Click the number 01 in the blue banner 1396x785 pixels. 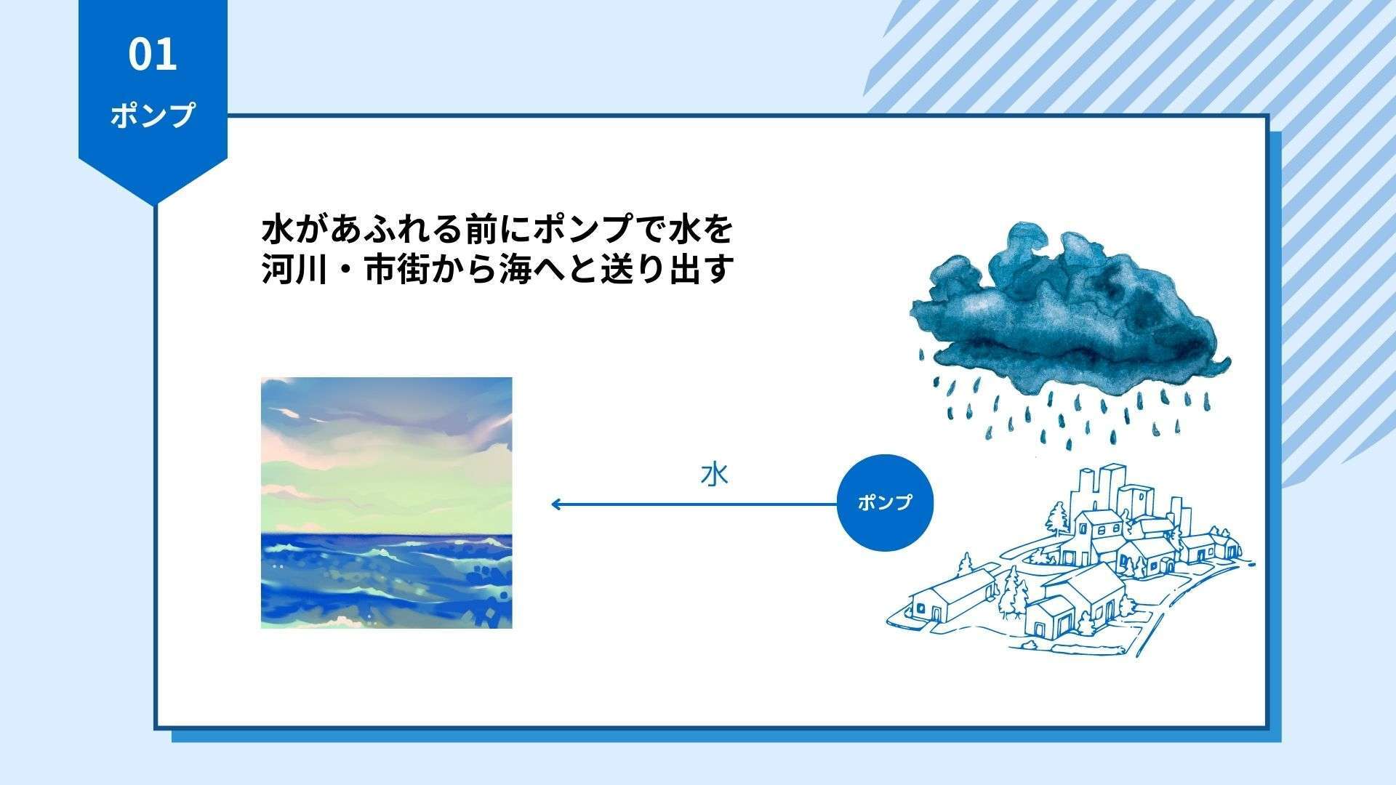pyautogui.click(x=153, y=55)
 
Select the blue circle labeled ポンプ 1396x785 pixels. pyautogui.click(x=885, y=502)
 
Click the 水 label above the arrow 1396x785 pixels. pyautogui.click(x=714, y=475)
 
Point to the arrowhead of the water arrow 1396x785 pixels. pyautogui.click(x=554, y=504)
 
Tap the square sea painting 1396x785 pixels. pyautogui.click(x=387, y=502)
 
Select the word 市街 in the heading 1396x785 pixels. pyautogui.click(x=391, y=270)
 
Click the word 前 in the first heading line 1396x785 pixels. pyautogui.click(x=470, y=230)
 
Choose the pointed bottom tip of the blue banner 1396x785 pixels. pyautogui.click(x=153, y=205)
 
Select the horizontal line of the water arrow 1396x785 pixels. pyautogui.click(x=694, y=504)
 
